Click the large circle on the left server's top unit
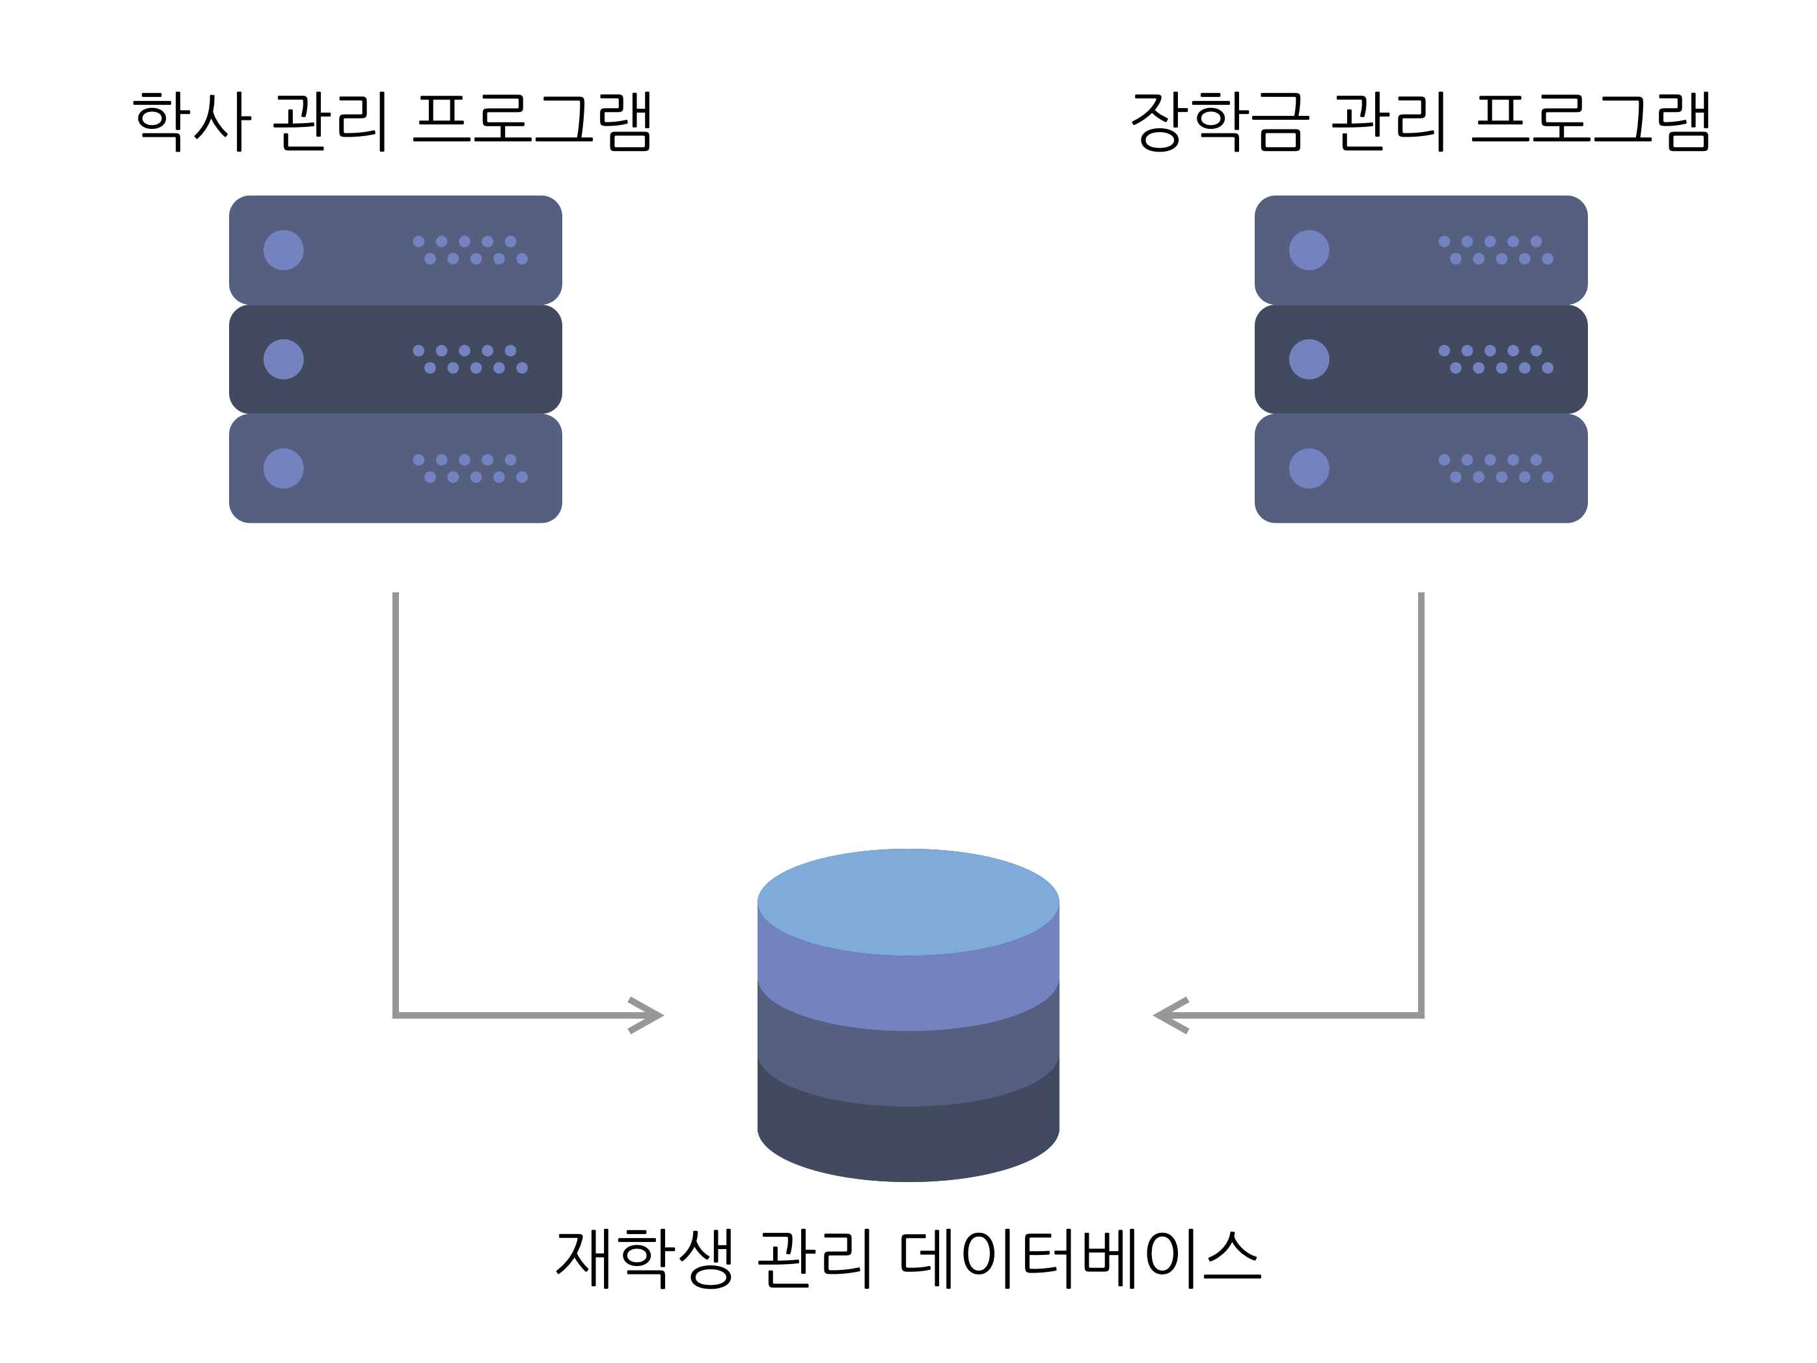283,250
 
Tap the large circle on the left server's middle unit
283,359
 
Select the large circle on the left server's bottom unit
283,468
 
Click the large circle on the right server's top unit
1309,250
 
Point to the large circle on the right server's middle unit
1309,359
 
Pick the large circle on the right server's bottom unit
1309,468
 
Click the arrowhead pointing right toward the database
649,1015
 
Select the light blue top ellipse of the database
908,902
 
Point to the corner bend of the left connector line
396,1015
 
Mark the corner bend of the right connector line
1421,1015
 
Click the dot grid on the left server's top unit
470,250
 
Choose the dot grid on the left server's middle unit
470,359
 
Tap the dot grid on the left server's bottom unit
470,468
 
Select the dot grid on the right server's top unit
1496,250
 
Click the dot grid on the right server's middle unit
1496,359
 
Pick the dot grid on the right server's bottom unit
1496,468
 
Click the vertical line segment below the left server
396,780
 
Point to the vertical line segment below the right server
1421,780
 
